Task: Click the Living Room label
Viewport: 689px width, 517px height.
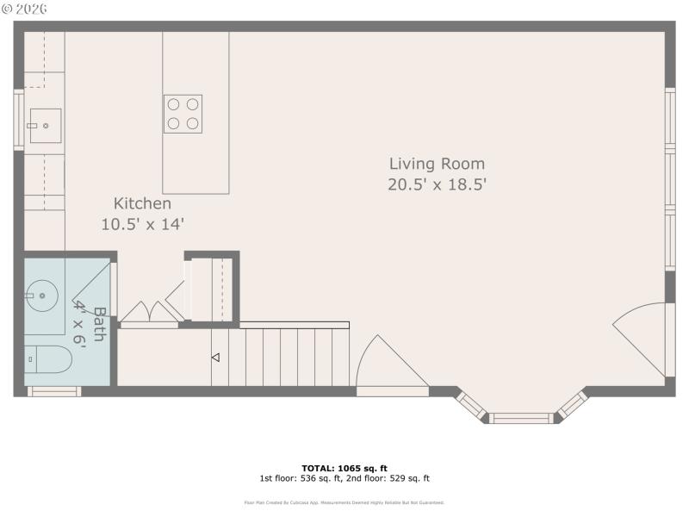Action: [437, 164]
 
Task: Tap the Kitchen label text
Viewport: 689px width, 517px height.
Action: [142, 204]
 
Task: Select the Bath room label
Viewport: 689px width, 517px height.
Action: [99, 324]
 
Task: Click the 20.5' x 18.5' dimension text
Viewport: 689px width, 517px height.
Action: [437, 184]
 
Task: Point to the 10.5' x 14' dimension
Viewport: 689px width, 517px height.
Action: [142, 223]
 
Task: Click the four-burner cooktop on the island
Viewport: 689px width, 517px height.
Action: [183, 114]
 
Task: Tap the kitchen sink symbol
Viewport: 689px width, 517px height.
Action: [45, 126]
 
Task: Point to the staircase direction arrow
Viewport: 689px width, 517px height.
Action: [215, 357]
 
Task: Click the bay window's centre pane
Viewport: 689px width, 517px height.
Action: [520, 418]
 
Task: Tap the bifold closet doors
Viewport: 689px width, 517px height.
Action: [149, 315]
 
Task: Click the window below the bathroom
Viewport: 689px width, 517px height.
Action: [54, 391]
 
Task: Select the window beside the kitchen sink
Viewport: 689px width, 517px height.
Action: [18, 121]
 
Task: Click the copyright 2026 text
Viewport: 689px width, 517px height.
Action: [25, 9]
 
